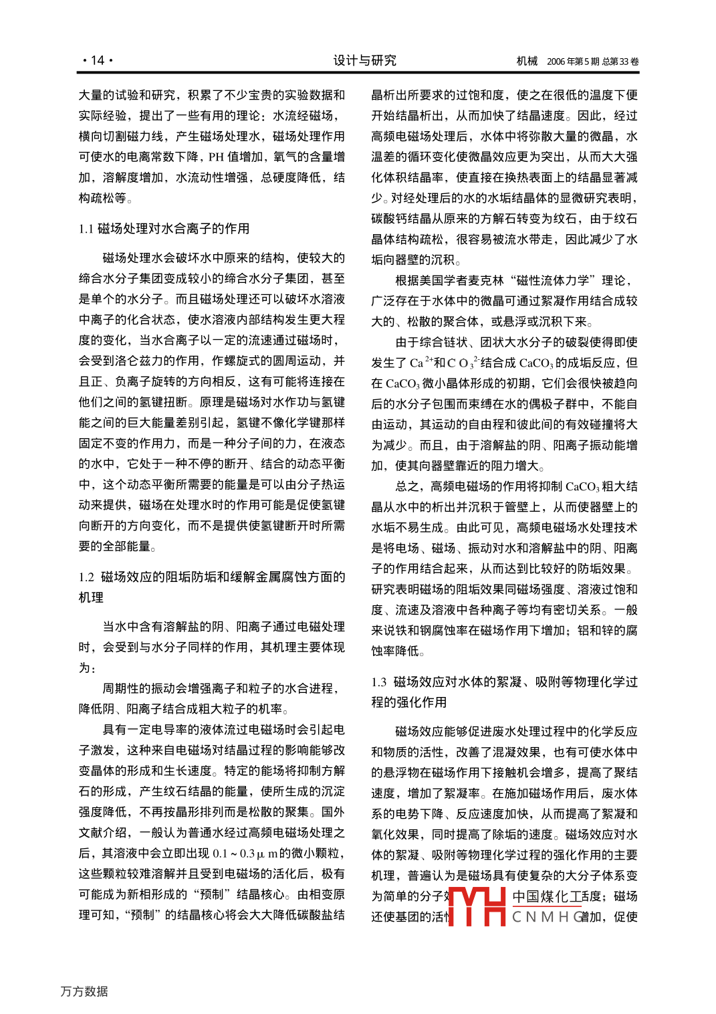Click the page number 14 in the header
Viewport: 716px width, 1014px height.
coord(98,61)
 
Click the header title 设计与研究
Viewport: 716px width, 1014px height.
coord(364,61)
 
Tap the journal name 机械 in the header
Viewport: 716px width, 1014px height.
coord(527,62)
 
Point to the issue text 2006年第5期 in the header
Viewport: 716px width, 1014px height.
coord(573,62)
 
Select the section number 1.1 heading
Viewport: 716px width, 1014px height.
coord(86,229)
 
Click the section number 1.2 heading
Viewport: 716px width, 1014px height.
coord(86,577)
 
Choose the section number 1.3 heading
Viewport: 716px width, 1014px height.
coord(379,682)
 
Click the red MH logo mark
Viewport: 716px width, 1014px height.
coord(476,906)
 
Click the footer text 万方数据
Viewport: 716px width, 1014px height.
coord(84,991)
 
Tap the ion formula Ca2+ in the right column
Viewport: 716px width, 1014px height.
coord(421,363)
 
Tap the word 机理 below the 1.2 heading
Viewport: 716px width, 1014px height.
coord(91,597)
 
